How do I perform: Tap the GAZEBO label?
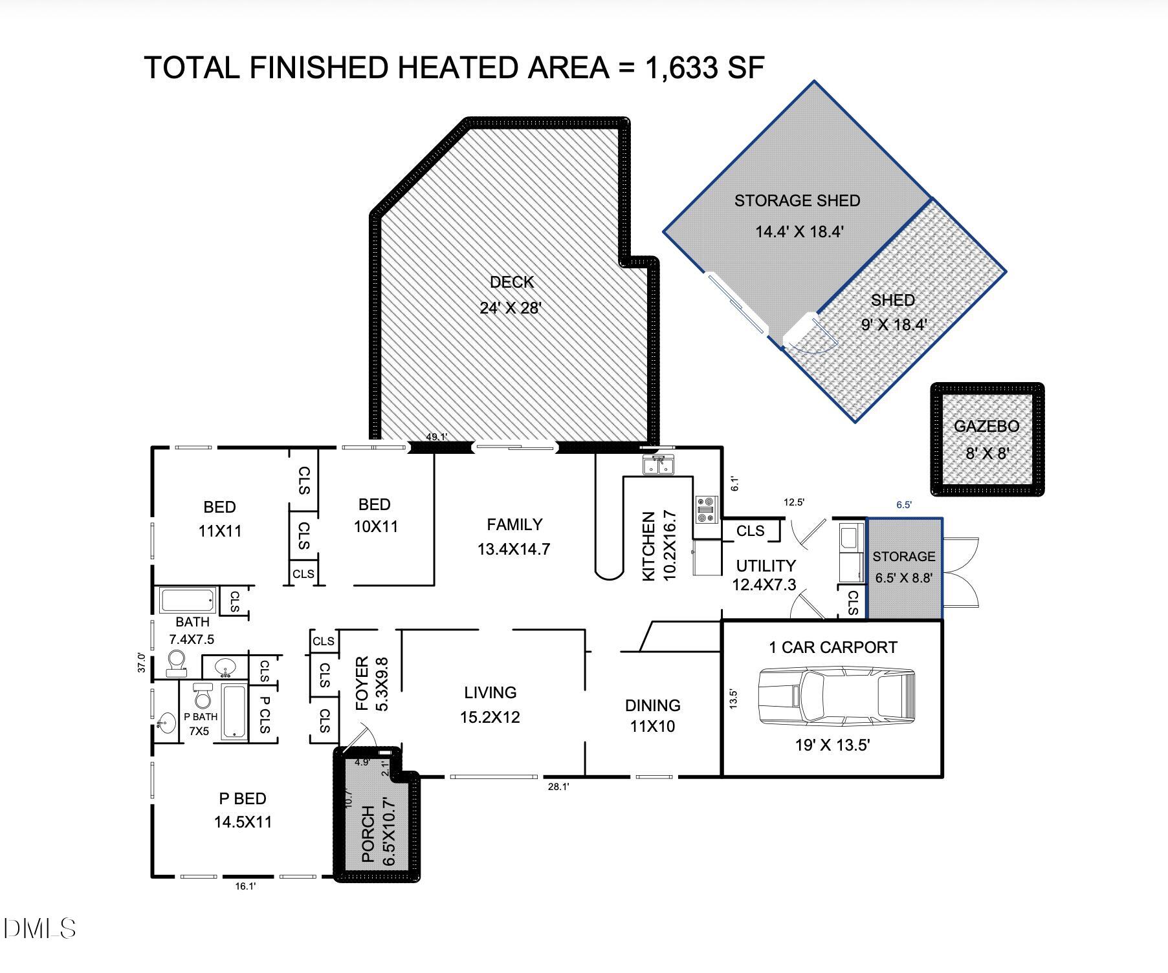[x=986, y=427]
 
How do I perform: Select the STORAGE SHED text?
[x=797, y=201]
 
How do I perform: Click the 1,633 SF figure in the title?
[x=705, y=68]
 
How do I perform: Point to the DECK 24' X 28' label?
[x=511, y=295]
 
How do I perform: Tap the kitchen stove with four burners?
[x=707, y=509]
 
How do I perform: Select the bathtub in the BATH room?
[x=188, y=601]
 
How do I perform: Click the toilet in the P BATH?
[x=203, y=696]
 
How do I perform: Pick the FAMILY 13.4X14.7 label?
[x=514, y=537]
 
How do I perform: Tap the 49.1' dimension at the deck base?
[x=436, y=437]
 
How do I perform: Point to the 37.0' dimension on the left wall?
[x=142, y=662]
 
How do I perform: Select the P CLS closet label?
[x=263, y=714]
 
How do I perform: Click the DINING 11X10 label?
[x=652, y=715]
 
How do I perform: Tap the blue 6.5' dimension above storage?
[x=903, y=505]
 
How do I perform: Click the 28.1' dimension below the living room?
[x=558, y=787]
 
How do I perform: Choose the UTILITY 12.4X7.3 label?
[x=765, y=575]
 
